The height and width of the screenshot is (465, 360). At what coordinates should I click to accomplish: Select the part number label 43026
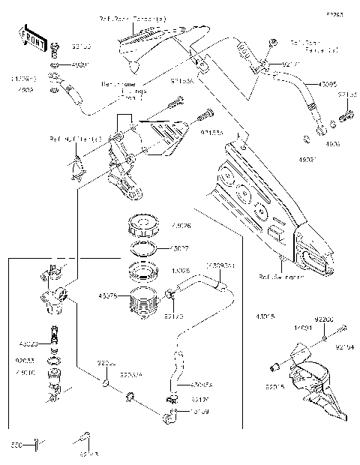coord(181,225)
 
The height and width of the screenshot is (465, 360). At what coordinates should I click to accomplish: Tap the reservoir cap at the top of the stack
coord(142,225)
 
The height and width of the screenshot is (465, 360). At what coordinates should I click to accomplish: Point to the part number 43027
coord(181,247)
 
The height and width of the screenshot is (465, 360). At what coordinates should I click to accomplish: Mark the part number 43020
coord(27,343)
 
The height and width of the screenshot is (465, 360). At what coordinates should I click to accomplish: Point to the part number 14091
coord(302,328)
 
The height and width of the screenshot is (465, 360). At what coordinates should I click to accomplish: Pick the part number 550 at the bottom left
coord(16,445)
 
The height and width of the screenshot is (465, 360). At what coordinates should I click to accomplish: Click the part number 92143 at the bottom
coord(88,454)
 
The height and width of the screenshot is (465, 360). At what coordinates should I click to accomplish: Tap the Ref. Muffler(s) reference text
coord(65,139)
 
